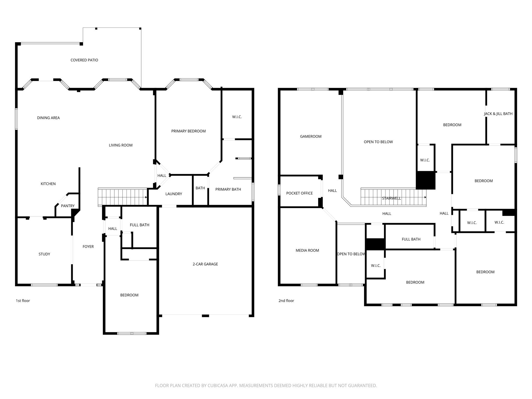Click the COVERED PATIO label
pos(84,60)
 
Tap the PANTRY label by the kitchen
pos(68,206)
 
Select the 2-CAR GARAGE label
pos(205,264)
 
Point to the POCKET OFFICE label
pos(299,193)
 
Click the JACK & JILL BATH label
pos(498,114)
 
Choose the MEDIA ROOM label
pos(307,250)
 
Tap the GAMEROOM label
pos(310,136)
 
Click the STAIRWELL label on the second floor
pos(391,198)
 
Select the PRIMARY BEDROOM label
pos(188,131)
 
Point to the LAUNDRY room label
pos(174,194)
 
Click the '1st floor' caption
pos(23,301)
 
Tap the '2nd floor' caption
pos(286,301)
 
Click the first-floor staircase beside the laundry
pos(122,197)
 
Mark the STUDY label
pos(44,254)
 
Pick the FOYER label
pos(88,247)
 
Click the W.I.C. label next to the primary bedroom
pos(237,117)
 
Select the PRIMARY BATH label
pos(228,189)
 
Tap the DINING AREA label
pos(48,118)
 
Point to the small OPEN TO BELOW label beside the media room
pos(351,254)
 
